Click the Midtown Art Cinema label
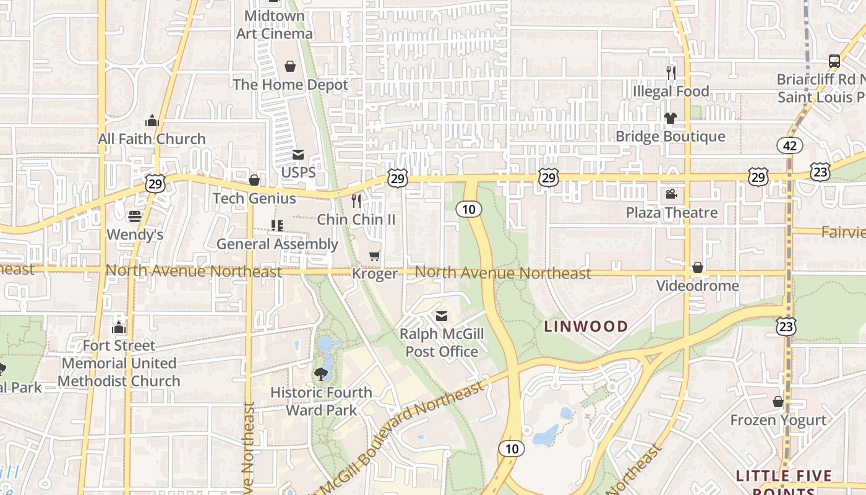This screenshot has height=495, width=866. pos(275,25)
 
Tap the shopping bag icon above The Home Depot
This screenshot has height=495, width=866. pos(290,66)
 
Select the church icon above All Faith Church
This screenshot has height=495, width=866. pos(152,121)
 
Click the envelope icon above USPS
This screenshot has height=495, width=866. pos(298,154)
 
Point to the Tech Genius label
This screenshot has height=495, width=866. pos(254,198)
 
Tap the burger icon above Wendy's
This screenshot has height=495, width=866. pos(135,217)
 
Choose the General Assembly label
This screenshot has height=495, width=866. pos(277,244)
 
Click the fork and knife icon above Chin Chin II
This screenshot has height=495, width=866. pos(356,200)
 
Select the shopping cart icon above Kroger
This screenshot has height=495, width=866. pos(374,256)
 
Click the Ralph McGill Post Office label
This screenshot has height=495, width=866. pos(441,343)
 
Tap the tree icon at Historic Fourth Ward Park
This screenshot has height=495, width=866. pos(320,374)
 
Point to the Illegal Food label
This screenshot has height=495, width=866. pos(671,92)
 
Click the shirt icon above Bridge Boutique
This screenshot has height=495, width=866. pos(671,118)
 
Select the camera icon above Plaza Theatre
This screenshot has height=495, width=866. pos(671,194)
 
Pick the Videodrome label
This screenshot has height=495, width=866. pos(698,285)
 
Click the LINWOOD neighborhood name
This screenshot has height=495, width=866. pos(586,326)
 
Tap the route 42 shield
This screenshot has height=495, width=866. pos(790,145)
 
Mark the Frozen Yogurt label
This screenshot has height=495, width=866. pos(778,420)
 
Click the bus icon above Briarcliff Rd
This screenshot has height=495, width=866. pos(834,61)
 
